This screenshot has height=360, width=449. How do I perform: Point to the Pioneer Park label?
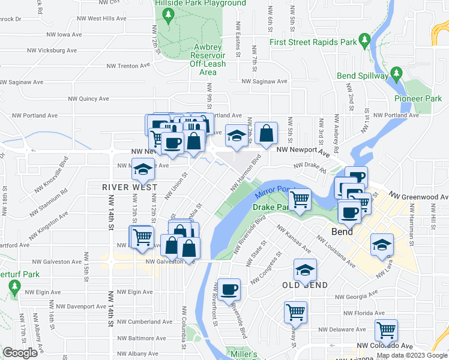click(x=418, y=98)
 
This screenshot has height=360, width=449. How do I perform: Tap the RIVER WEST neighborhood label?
click(x=125, y=187)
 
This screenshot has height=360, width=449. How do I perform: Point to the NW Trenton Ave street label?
click(x=128, y=66)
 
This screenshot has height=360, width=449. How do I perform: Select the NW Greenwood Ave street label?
click(x=418, y=196)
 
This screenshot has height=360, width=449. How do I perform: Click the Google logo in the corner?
click(x=20, y=353)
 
